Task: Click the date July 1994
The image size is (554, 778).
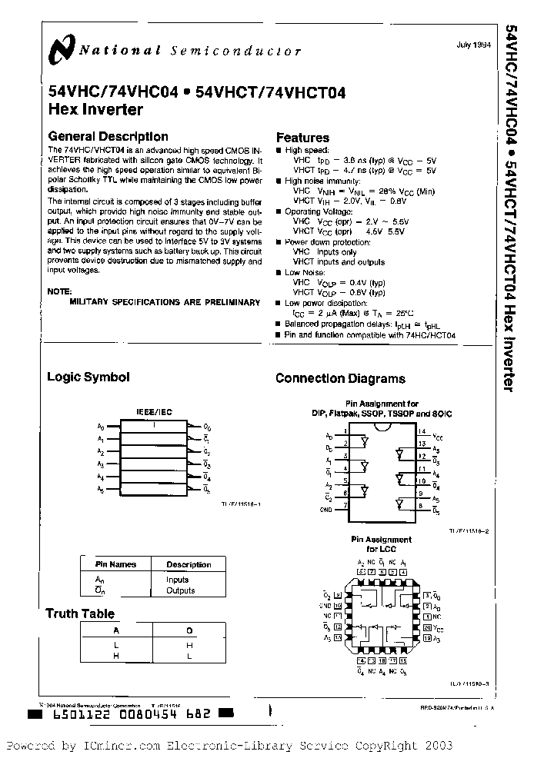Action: pos(471,45)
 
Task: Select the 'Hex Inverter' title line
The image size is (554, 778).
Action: pos(95,109)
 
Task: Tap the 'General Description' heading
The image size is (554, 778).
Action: pos(108,137)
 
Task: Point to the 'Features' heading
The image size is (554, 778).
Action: pos(302,138)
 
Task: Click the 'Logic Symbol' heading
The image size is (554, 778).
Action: pos(88,377)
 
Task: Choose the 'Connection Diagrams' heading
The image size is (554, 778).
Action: pos(340,378)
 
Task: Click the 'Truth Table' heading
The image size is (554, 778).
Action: pos(80,613)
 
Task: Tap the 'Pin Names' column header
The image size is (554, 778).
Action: pos(115,564)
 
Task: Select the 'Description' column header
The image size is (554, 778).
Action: pos(189,564)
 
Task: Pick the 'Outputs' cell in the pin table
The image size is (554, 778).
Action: pos(181,590)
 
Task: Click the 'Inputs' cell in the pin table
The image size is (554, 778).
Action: pos(178,580)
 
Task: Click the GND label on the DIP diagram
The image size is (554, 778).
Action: pos(327,509)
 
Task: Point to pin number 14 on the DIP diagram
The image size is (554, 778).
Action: pos(422,432)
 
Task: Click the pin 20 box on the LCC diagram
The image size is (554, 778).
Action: pos(426,627)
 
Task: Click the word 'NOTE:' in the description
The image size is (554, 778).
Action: pos(59,291)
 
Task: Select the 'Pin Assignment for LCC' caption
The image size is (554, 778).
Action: pos(381,544)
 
